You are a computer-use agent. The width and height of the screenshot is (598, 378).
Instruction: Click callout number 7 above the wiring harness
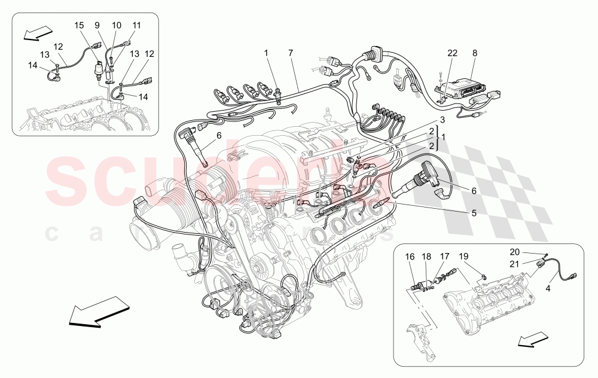291,53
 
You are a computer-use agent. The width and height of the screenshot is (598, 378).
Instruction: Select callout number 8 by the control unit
475,53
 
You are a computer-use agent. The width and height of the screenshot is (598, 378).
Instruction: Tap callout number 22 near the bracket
453,53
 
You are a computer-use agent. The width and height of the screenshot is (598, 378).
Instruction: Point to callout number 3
442,121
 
